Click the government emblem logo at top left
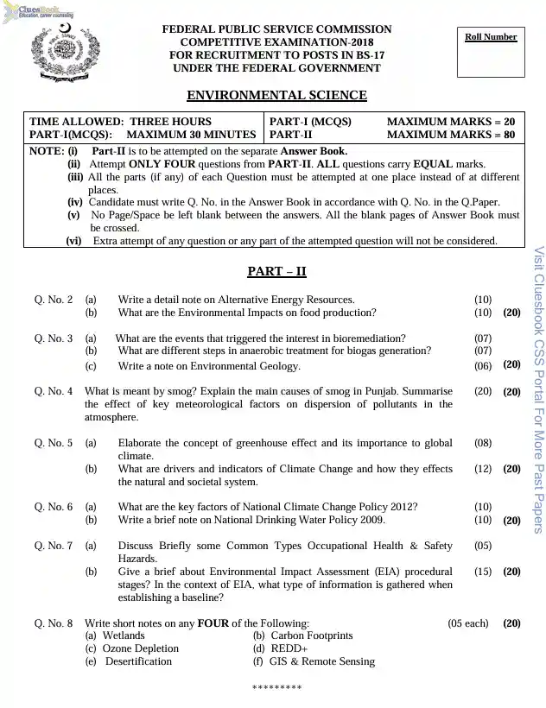59,54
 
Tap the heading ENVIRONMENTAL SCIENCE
276,96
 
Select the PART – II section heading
276,271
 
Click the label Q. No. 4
54,391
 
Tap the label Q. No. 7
54,546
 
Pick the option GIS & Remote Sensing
314,661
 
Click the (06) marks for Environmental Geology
483,366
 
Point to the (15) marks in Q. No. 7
483,572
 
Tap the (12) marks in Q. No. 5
483,469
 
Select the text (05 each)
467,623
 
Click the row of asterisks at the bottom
276,688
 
